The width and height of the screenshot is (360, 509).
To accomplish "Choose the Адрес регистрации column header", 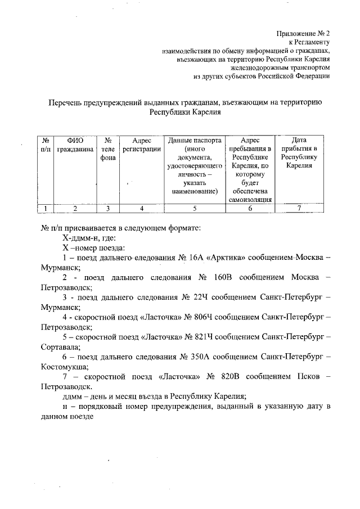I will (142, 145).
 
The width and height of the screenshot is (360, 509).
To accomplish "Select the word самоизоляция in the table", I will (250, 199).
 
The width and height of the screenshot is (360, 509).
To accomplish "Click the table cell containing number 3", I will (108, 208).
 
